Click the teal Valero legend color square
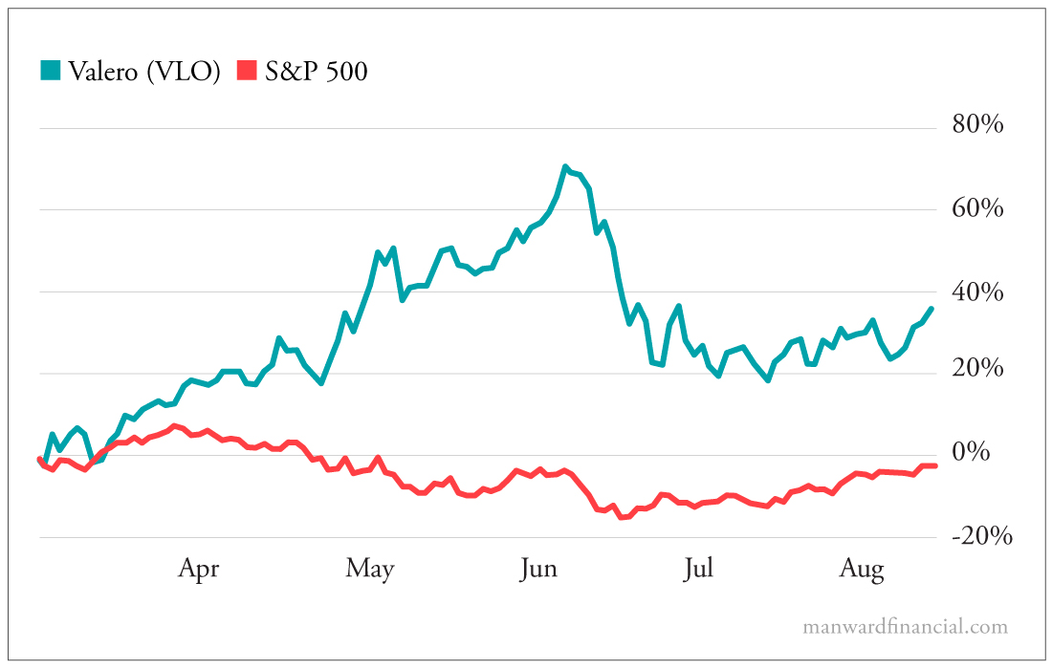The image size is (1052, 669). [x=50, y=71]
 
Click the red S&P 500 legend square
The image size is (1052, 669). [x=248, y=71]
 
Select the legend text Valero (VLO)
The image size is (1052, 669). [x=144, y=72]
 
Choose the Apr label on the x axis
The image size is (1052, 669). [x=198, y=570]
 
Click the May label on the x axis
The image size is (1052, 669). [x=370, y=570]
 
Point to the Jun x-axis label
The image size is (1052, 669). [x=538, y=570]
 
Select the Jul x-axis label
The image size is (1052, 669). [x=698, y=570]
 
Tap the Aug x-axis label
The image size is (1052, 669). [x=862, y=570]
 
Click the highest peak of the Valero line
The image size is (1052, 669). [x=565, y=167]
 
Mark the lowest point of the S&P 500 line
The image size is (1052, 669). [x=621, y=517]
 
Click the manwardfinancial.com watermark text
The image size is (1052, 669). [x=905, y=627]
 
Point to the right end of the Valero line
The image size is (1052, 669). [x=932, y=308]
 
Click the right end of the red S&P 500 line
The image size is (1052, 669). [x=934, y=465]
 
